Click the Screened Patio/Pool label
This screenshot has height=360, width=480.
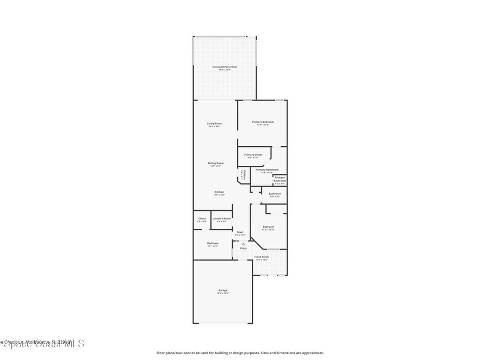(x=225, y=67)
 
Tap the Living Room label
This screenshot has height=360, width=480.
(x=215, y=124)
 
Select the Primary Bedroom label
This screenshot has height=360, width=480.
(x=262, y=122)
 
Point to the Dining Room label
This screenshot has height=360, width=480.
(x=216, y=163)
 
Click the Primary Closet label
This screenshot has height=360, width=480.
(x=253, y=155)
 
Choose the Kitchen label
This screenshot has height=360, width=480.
(x=219, y=192)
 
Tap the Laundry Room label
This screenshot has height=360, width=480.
(x=221, y=218)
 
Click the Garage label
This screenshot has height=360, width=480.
(x=223, y=291)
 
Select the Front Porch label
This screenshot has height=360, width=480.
(x=262, y=257)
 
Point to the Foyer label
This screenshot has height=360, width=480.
(x=240, y=232)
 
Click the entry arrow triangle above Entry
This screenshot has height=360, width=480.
(x=243, y=244)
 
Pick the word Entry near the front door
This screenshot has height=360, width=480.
(x=243, y=248)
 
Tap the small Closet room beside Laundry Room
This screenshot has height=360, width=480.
(x=202, y=219)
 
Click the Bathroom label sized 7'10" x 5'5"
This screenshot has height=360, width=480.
(x=275, y=194)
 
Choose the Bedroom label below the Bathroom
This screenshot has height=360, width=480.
(x=268, y=227)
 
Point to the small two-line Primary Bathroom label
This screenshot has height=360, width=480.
(x=279, y=179)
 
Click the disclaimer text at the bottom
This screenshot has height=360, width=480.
(x=240, y=353)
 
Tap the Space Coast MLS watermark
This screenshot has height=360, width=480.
(x=42, y=344)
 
